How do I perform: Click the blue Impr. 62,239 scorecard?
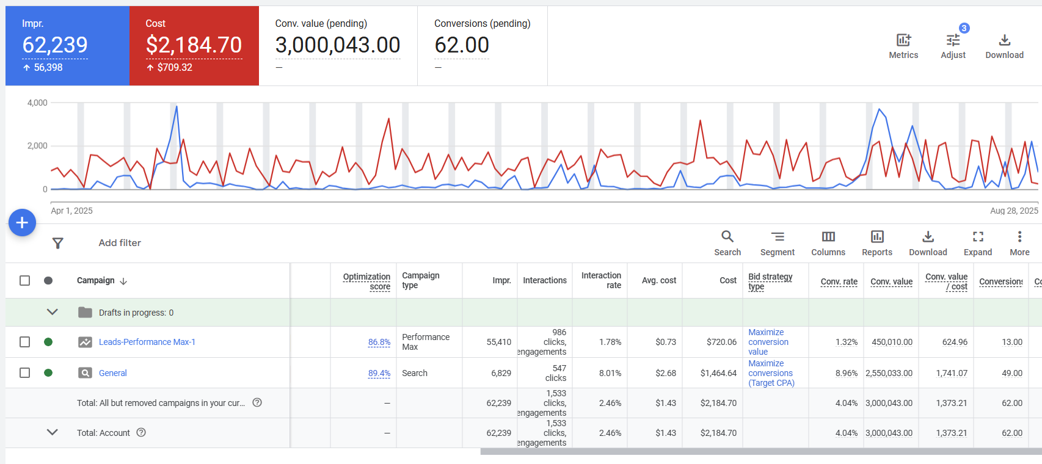click(67, 46)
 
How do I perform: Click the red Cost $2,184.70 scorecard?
click(194, 46)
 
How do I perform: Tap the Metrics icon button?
click(903, 46)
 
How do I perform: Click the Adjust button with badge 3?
click(953, 46)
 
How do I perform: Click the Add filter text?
click(120, 243)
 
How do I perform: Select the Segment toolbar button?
click(777, 243)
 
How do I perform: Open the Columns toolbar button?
click(828, 243)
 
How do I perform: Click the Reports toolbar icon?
click(877, 243)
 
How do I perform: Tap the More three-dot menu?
click(1019, 243)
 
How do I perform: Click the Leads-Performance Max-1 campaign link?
click(147, 342)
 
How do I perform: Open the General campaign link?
click(113, 373)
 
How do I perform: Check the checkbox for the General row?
click(24, 373)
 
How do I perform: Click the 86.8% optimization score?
click(379, 343)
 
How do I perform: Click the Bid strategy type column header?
click(770, 281)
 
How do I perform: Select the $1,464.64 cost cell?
click(718, 373)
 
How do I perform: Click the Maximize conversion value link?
click(768, 342)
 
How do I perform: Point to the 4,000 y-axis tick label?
click(37, 103)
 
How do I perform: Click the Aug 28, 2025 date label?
click(1014, 211)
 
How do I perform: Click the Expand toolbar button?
click(978, 243)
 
